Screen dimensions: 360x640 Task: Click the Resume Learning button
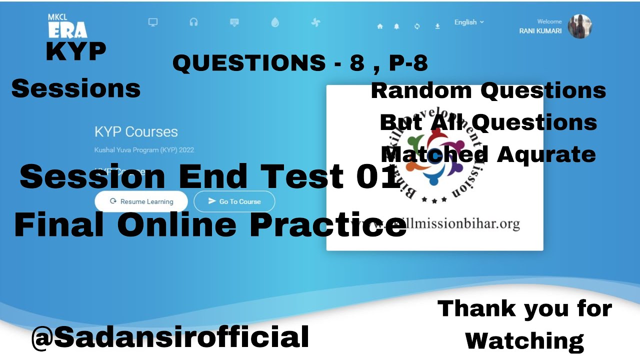[141, 201]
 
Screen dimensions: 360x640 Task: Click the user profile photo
[579, 26]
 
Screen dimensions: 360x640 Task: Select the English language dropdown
[468, 22]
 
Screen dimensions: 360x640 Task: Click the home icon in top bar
[380, 26]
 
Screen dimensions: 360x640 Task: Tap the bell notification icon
[396, 26]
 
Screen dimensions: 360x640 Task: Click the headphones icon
[193, 22]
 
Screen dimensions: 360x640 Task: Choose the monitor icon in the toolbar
[153, 22]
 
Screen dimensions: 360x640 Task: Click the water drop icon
[274, 22]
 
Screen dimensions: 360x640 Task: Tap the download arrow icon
[437, 26]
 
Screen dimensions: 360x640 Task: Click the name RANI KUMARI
[540, 31]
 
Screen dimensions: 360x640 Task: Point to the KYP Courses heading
[136, 132]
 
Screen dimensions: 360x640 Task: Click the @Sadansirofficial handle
[170, 336]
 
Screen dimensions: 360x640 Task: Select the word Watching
[524, 341]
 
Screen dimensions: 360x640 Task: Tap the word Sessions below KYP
[76, 88]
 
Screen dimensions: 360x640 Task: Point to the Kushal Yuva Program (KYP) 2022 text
[144, 150]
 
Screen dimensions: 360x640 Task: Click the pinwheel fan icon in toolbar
[315, 22]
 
